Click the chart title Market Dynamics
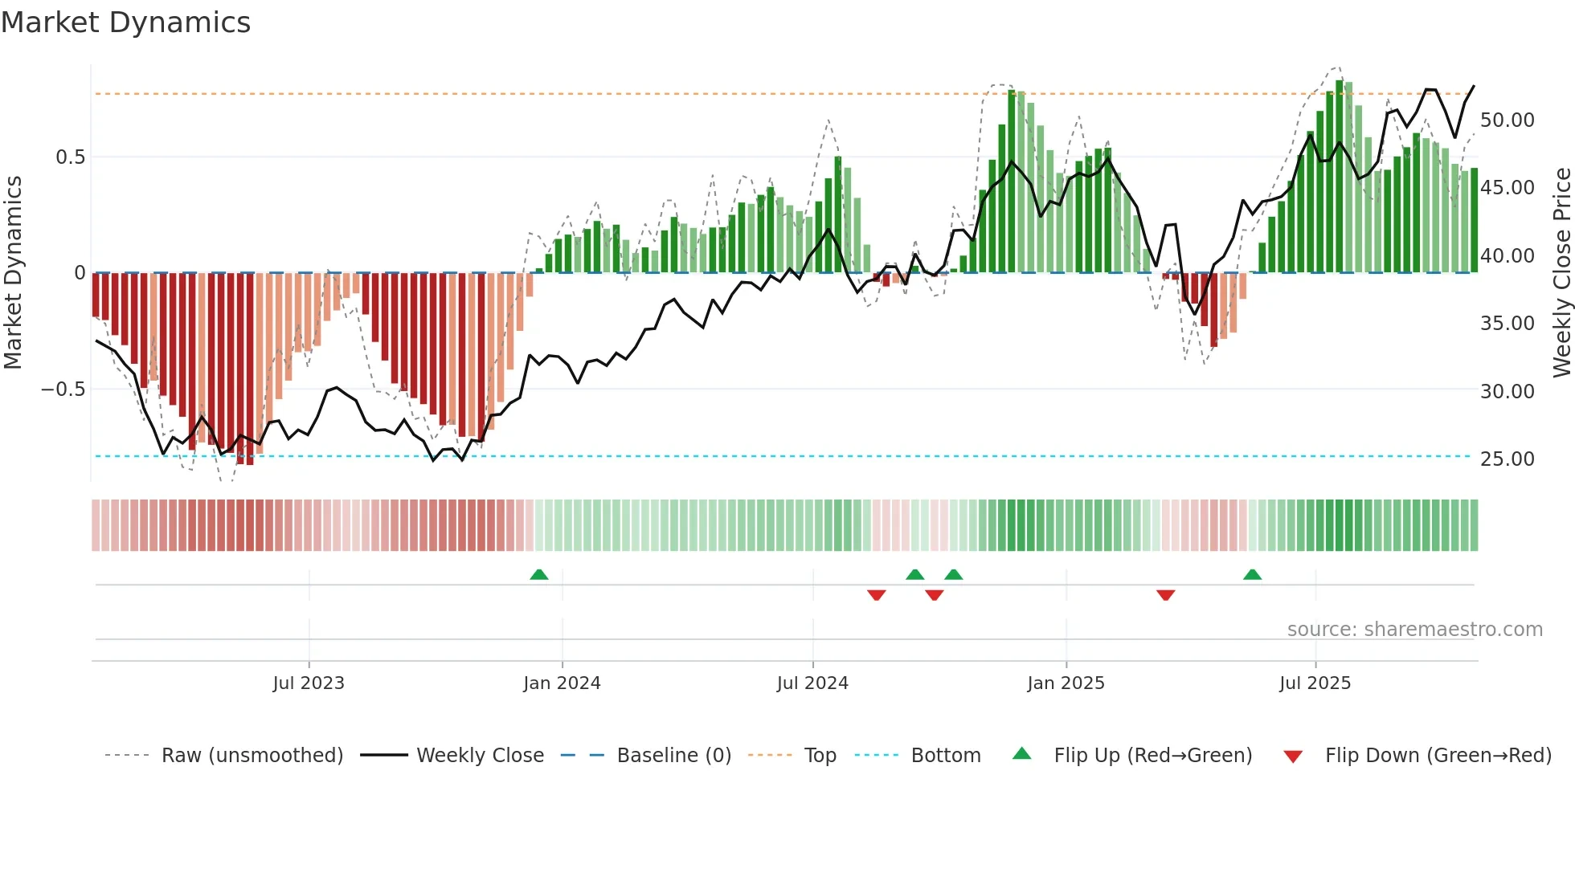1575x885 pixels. [x=125, y=22]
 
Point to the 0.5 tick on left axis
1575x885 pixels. [x=70, y=157]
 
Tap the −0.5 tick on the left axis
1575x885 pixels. [x=63, y=389]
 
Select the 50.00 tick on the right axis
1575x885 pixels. [x=1507, y=120]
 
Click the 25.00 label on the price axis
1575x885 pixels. [x=1507, y=459]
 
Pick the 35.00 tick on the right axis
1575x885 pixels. [x=1507, y=324]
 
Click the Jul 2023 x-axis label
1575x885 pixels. [x=309, y=683]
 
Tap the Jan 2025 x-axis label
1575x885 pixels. [x=1066, y=683]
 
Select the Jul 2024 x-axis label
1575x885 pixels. [x=812, y=683]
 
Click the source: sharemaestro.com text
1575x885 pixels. [x=1414, y=630]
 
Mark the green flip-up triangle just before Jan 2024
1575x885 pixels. [x=539, y=575]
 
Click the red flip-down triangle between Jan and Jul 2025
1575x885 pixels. [x=1165, y=595]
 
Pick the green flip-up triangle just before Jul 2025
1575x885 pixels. [x=1252, y=575]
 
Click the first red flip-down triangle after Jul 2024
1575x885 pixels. [x=876, y=595]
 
